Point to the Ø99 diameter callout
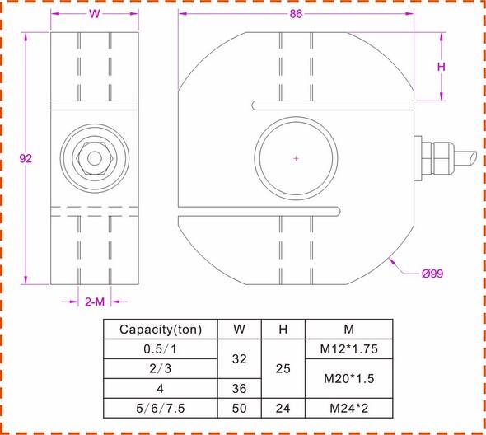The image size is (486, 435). pos(432,274)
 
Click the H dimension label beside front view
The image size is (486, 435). pos(441,68)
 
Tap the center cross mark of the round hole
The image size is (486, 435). pos(296,157)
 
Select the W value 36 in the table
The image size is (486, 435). pos(239,387)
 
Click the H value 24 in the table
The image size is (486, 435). pos(282,407)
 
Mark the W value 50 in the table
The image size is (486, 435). pos(239,407)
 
